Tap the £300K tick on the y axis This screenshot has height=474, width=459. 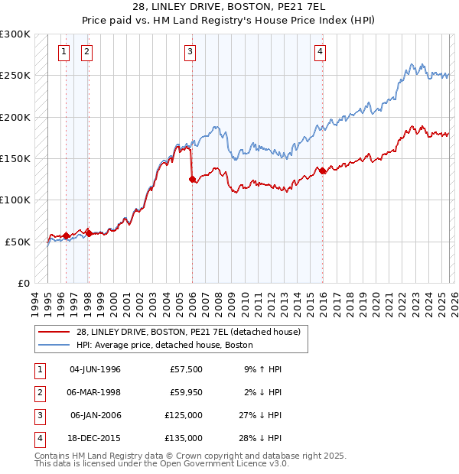pos(15,34)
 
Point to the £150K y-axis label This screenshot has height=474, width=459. pos(15,158)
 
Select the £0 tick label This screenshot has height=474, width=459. pos(23,283)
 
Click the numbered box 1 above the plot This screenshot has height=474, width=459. pos(63,52)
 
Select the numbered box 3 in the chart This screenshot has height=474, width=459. pos(189,52)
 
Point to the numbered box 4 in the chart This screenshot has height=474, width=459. pos(319,52)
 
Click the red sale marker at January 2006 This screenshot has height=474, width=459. pos(192,180)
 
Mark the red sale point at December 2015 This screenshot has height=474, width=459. pos(322,171)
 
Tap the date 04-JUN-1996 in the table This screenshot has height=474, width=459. pos(95,368)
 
